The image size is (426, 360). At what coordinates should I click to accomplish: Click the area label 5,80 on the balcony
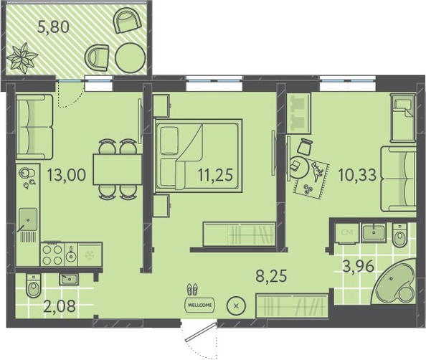tap(54, 27)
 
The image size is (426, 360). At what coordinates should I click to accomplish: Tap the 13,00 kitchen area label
tap(67, 175)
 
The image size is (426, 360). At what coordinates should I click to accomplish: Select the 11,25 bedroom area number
tap(215, 175)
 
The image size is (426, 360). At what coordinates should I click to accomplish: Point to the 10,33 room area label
tap(358, 175)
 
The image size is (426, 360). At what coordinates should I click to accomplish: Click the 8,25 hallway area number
tap(271, 276)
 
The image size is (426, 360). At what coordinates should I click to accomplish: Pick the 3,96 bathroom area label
tap(359, 267)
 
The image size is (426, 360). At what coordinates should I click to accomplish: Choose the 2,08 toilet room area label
tap(59, 306)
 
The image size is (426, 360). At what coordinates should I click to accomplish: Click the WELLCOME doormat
tap(199, 305)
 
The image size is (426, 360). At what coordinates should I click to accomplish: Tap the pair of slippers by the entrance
tap(192, 290)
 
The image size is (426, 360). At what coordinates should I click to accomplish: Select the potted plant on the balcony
tap(22, 58)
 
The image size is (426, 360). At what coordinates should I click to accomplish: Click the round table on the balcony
tap(131, 58)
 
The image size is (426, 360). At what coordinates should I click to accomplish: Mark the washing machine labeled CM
tap(347, 232)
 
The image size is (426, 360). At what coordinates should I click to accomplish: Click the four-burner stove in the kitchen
tap(52, 255)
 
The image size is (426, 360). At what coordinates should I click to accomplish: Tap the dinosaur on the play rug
tap(316, 171)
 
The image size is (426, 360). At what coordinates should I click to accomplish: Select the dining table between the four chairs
tap(118, 169)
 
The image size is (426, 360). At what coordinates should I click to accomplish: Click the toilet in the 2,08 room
tap(34, 285)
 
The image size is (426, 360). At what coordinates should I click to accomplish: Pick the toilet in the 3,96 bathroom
tap(400, 235)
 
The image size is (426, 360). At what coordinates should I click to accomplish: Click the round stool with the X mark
tap(236, 305)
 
